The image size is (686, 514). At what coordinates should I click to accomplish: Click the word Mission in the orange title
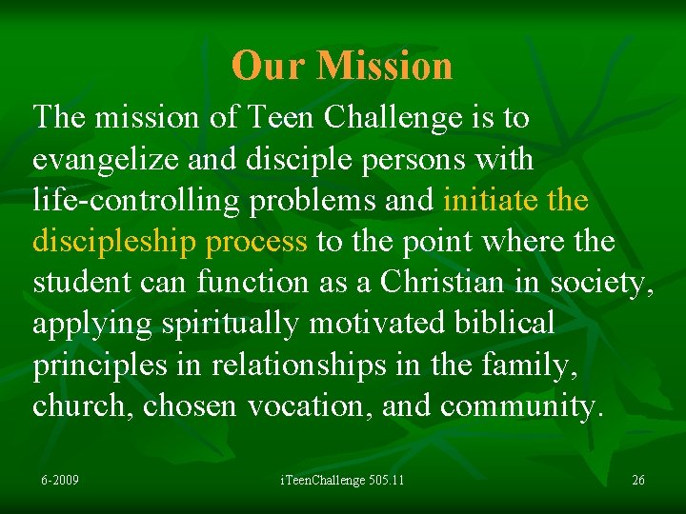(385, 66)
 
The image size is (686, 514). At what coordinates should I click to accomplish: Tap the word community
(521, 405)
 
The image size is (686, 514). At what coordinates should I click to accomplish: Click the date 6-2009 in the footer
(59, 479)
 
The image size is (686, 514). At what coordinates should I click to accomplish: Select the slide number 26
(637, 479)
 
